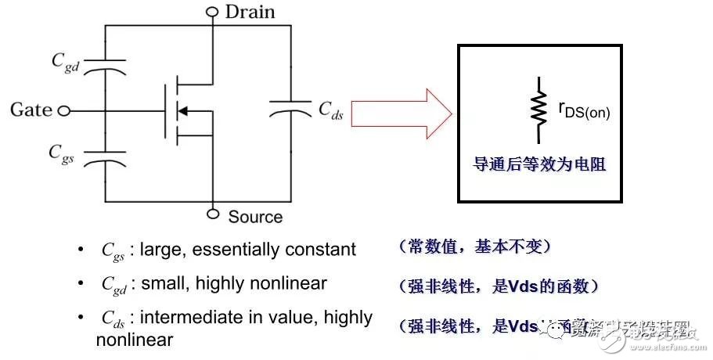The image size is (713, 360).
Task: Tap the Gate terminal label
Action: click(x=31, y=110)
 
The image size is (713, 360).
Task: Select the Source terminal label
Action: click(x=255, y=216)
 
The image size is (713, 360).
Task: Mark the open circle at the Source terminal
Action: click(x=212, y=214)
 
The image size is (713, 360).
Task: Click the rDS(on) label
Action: click(x=583, y=111)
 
